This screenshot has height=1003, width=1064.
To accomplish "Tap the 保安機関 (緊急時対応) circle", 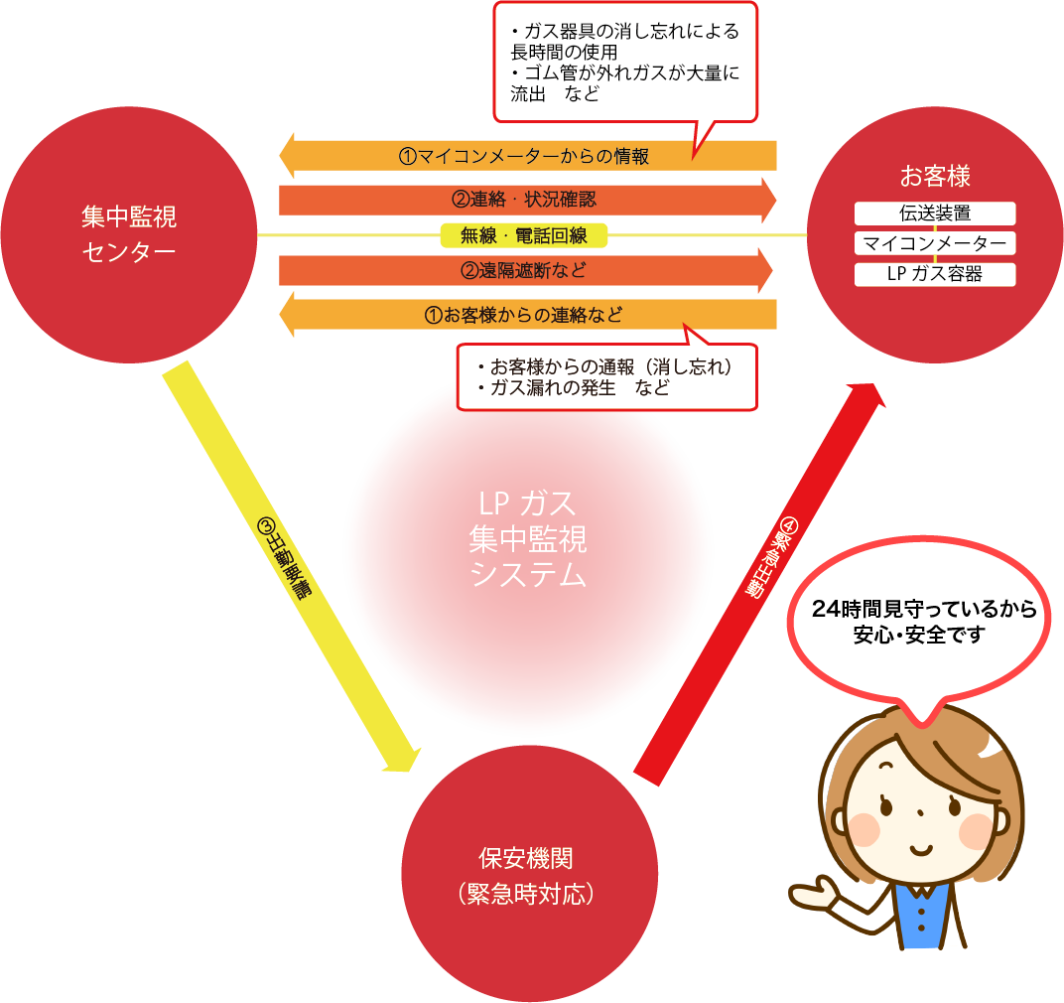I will tap(529, 874).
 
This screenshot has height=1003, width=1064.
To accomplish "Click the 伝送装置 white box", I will tap(935, 214).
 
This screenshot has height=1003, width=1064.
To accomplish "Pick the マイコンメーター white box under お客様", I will tap(935, 243).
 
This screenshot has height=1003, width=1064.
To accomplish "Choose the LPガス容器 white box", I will tap(935, 274).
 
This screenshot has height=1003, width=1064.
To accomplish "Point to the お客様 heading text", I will tap(935, 177).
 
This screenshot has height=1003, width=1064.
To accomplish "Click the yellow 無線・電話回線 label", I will tap(523, 235).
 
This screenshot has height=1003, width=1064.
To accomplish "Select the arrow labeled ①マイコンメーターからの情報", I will tap(526, 156).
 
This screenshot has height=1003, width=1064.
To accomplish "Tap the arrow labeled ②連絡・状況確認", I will tap(526, 199).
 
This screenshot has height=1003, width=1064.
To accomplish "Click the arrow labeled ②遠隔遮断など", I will tap(526, 270).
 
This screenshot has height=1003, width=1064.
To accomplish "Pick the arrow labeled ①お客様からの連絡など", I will tap(526, 315).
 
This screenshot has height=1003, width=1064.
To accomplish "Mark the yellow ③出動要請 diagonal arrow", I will tap(288, 567).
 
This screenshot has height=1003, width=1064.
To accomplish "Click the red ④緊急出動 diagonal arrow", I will tap(764, 576).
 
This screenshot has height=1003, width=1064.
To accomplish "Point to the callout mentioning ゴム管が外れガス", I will tap(625, 60).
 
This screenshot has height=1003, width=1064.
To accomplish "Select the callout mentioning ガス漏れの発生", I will tap(605, 377).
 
